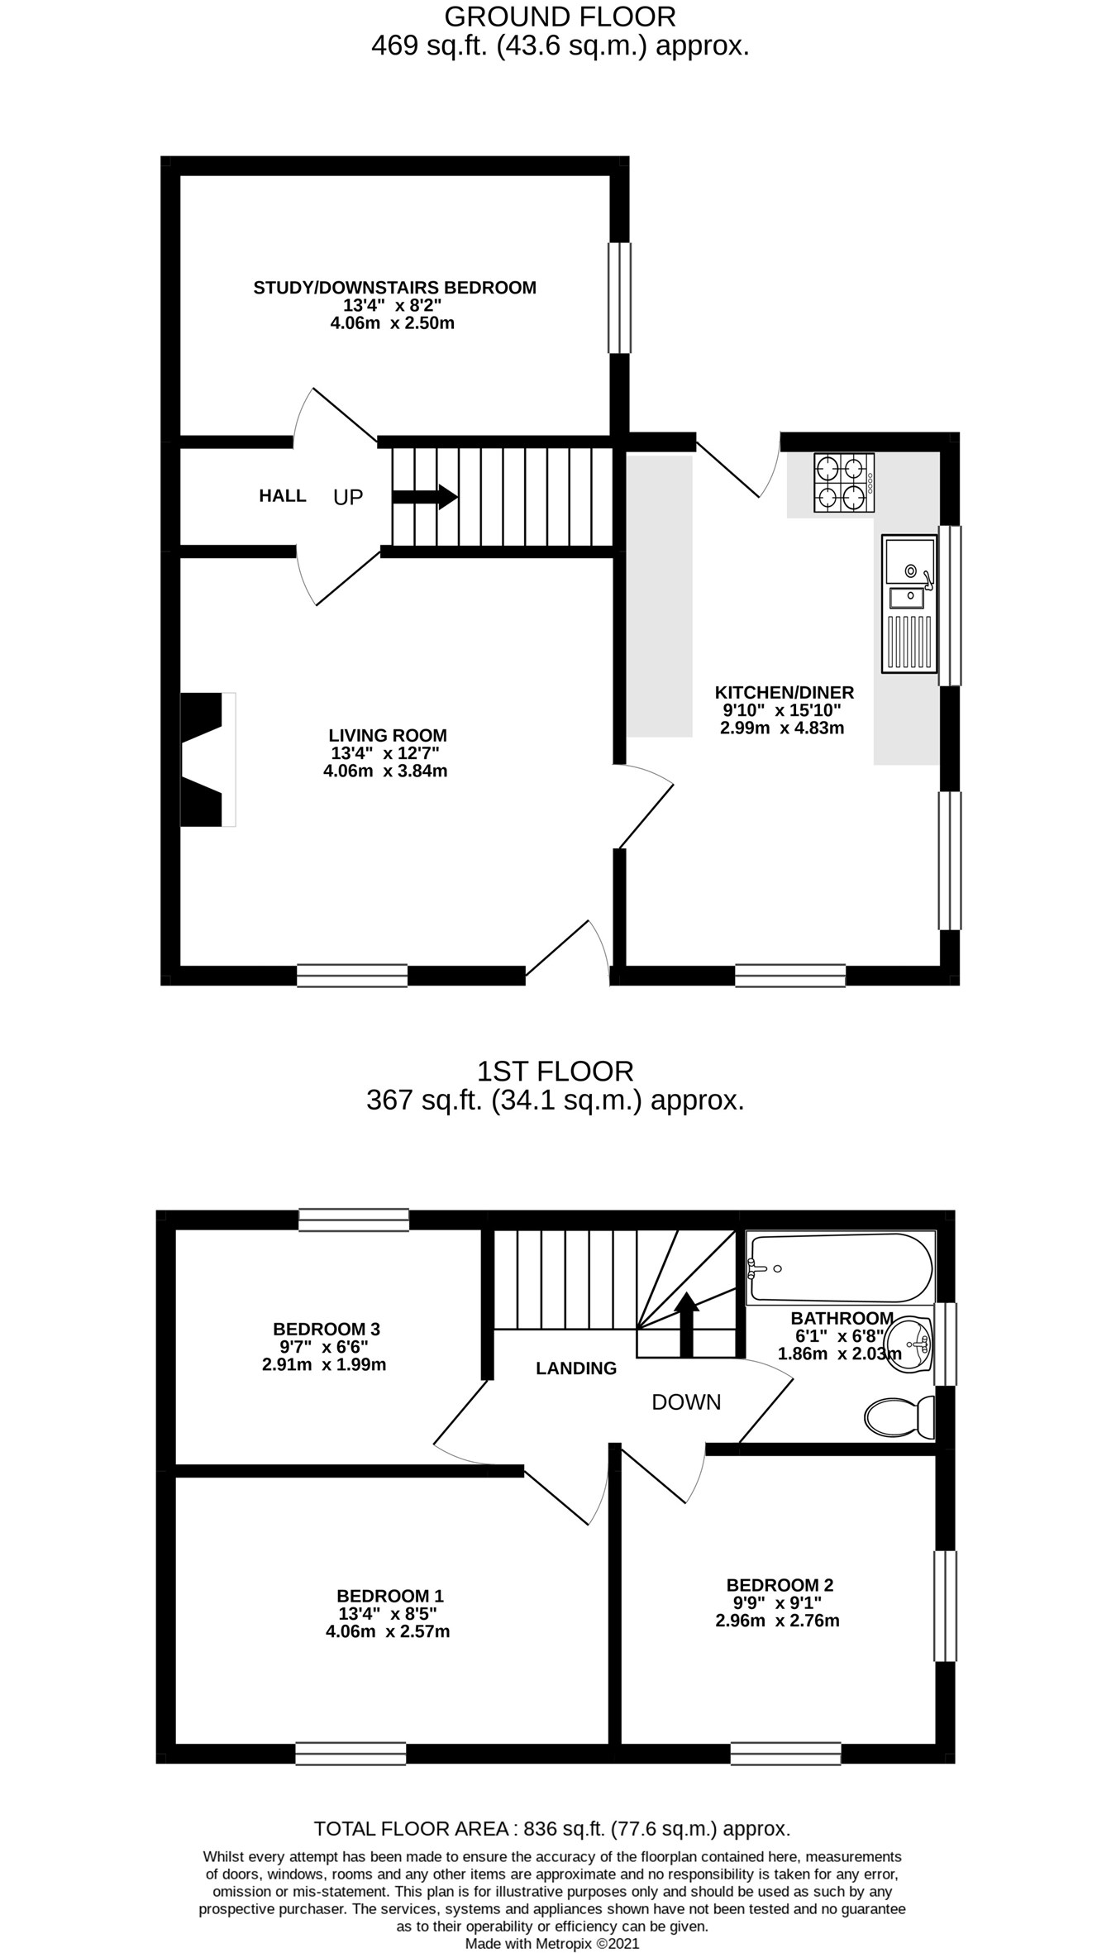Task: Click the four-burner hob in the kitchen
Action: coord(844,483)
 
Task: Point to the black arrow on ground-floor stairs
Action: coord(425,497)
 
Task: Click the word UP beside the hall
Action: coord(348,497)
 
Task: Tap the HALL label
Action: coord(283,496)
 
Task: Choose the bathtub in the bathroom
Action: coord(840,1268)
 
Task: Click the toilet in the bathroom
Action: coord(899,1417)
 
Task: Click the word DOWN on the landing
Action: coord(686,1402)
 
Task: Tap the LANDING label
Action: coord(576,1368)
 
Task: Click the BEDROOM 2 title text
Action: coord(780,1585)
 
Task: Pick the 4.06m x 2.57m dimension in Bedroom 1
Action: coord(388,1631)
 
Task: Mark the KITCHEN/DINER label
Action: coord(784,692)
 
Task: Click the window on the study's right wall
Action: coord(619,298)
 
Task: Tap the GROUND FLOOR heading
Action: coord(560,17)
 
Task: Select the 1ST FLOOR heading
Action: coord(555,1072)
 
